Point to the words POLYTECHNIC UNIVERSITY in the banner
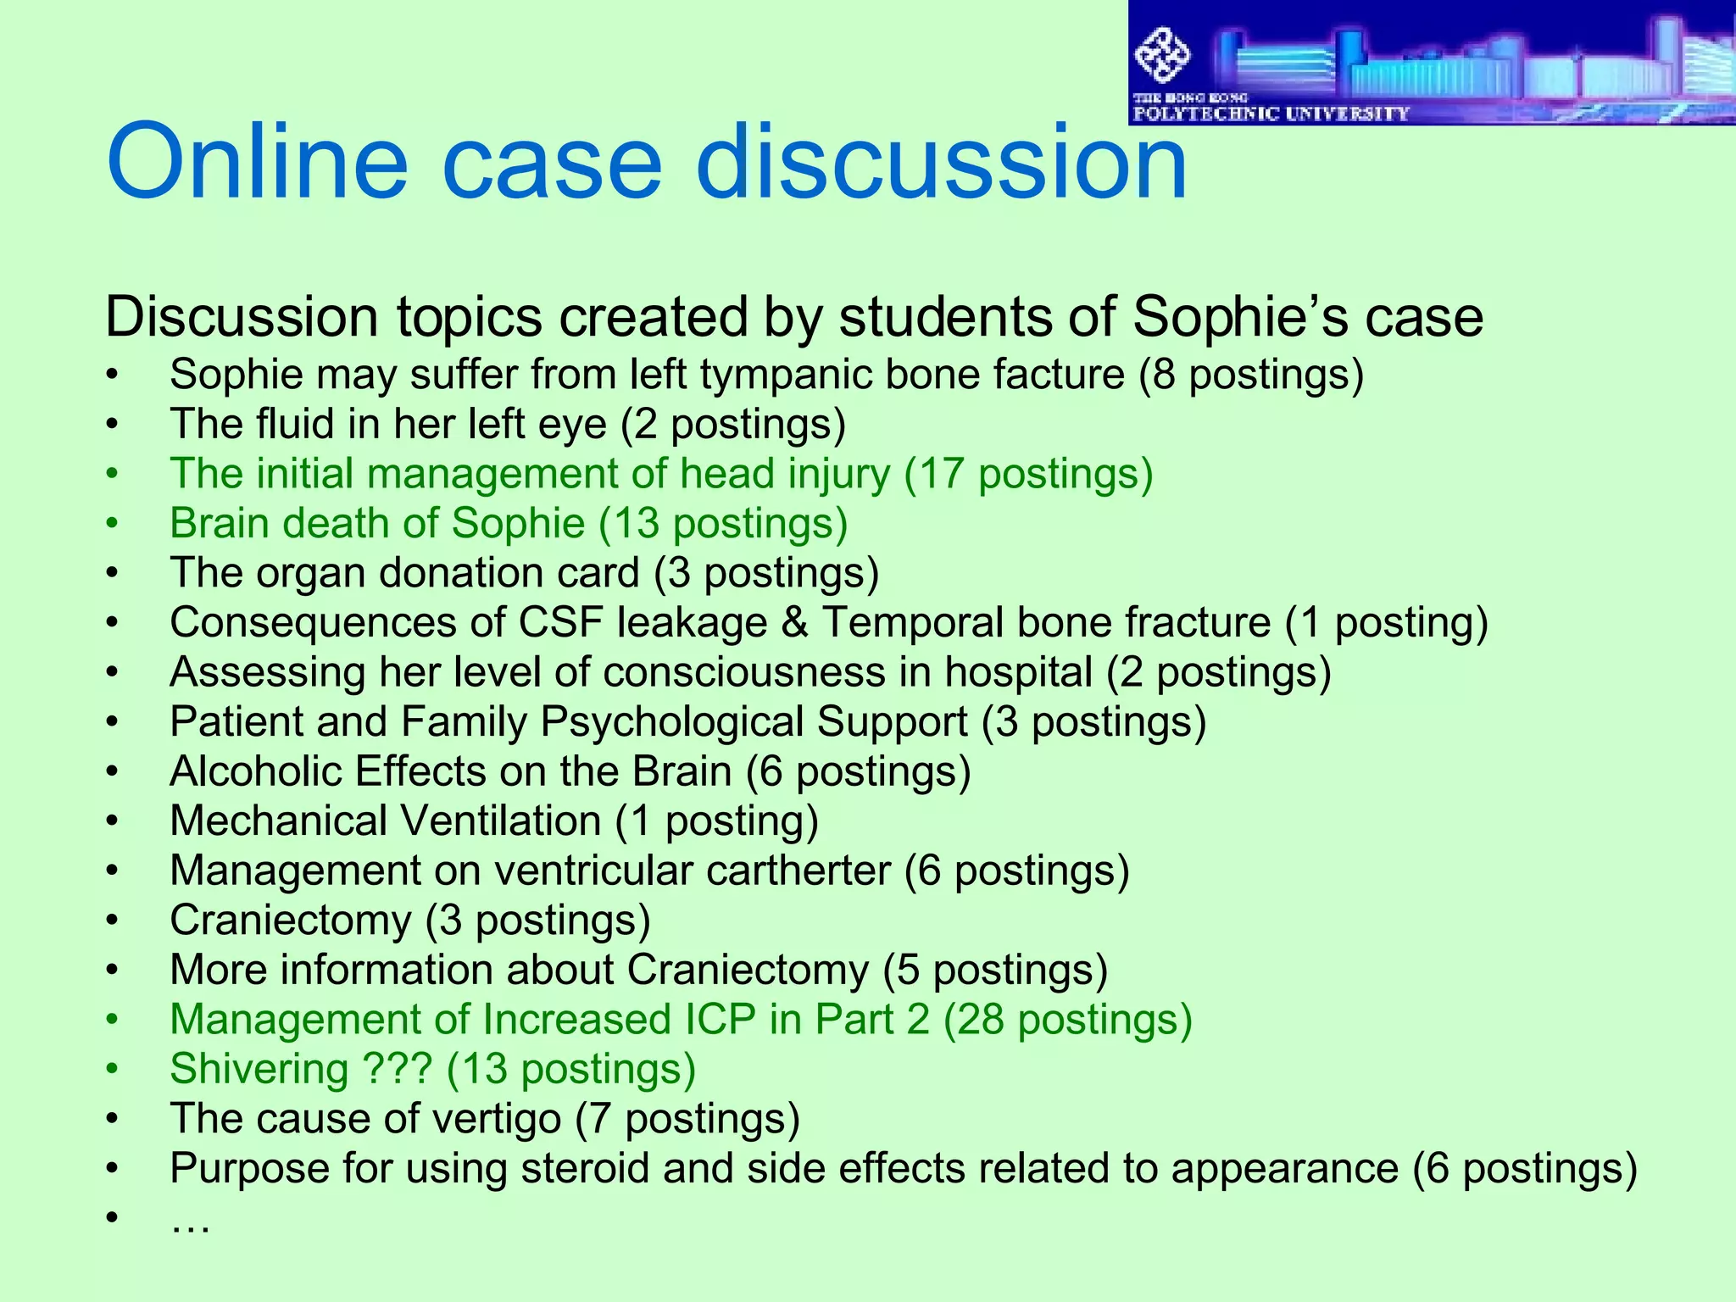[1271, 114]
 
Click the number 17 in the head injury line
[941, 474]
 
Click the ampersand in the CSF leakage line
[794, 623]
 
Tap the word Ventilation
[500, 821]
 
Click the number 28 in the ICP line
[982, 1020]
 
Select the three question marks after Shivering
[397, 1069]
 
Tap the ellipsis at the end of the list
[190, 1221]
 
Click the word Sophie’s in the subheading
[1241, 317]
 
